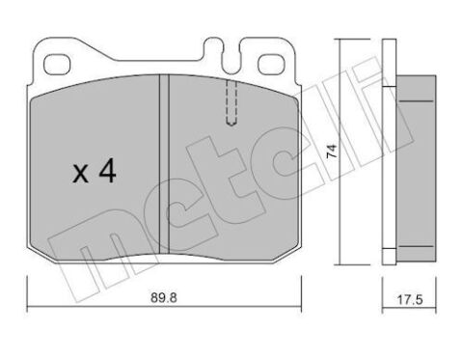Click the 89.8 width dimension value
[x=164, y=298]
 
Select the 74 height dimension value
[x=332, y=151]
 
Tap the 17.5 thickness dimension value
[x=410, y=300]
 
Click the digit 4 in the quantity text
[x=107, y=171]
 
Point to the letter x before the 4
[x=80, y=174]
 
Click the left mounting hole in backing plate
[x=57, y=64]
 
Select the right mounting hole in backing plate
[x=271, y=64]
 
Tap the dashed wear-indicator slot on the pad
[x=231, y=102]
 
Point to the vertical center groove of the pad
[x=164, y=163]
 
